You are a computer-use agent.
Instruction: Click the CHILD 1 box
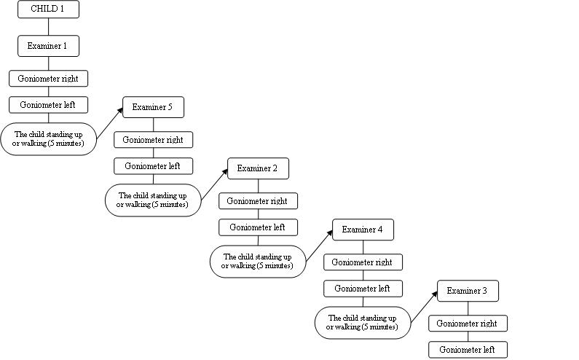click(48, 9)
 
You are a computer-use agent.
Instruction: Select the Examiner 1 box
click(48, 46)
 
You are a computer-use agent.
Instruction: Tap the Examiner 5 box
click(153, 107)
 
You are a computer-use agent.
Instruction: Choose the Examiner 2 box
click(258, 168)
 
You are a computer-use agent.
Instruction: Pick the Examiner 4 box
click(363, 230)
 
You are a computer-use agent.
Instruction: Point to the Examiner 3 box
click(468, 291)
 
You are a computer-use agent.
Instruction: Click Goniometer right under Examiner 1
click(48, 79)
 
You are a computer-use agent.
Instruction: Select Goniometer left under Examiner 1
click(48, 105)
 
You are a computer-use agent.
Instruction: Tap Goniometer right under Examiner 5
click(153, 140)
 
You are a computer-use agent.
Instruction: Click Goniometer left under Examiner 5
click(153, 166)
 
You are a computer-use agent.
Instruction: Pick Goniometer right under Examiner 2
click(258, 201)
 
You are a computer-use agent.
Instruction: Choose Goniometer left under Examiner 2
click(258, 227)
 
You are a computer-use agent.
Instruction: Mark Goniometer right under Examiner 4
click(363, 262)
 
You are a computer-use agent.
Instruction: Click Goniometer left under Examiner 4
click(363, 289)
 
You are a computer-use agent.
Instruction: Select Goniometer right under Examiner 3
click(468, 324)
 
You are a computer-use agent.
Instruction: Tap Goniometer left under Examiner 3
click(468, 350)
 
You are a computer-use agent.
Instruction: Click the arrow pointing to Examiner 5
click(110, 123)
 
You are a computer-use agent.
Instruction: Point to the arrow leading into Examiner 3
click(425, 307)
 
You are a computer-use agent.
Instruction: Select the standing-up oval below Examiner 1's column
click(48, 139)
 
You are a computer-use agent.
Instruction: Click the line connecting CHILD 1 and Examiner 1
click(48, 27)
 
